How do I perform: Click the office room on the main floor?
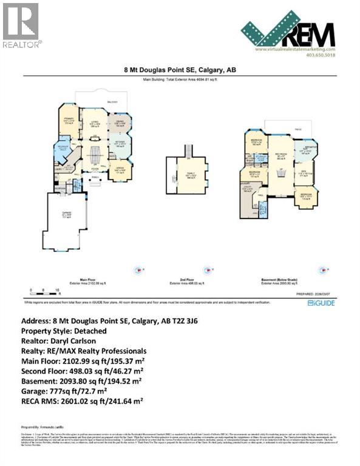pos(120,172)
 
